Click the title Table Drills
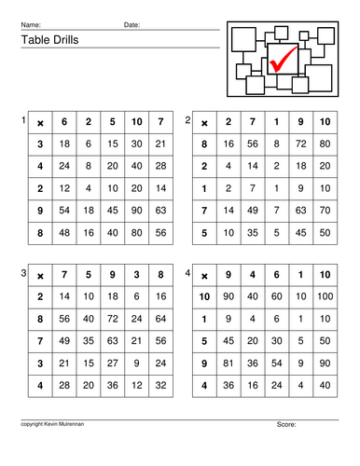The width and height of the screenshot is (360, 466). [x=46, y=40]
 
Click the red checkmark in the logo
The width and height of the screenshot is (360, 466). [x=282, y=59]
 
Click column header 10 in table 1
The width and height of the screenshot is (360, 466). [x=138, y=122]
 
